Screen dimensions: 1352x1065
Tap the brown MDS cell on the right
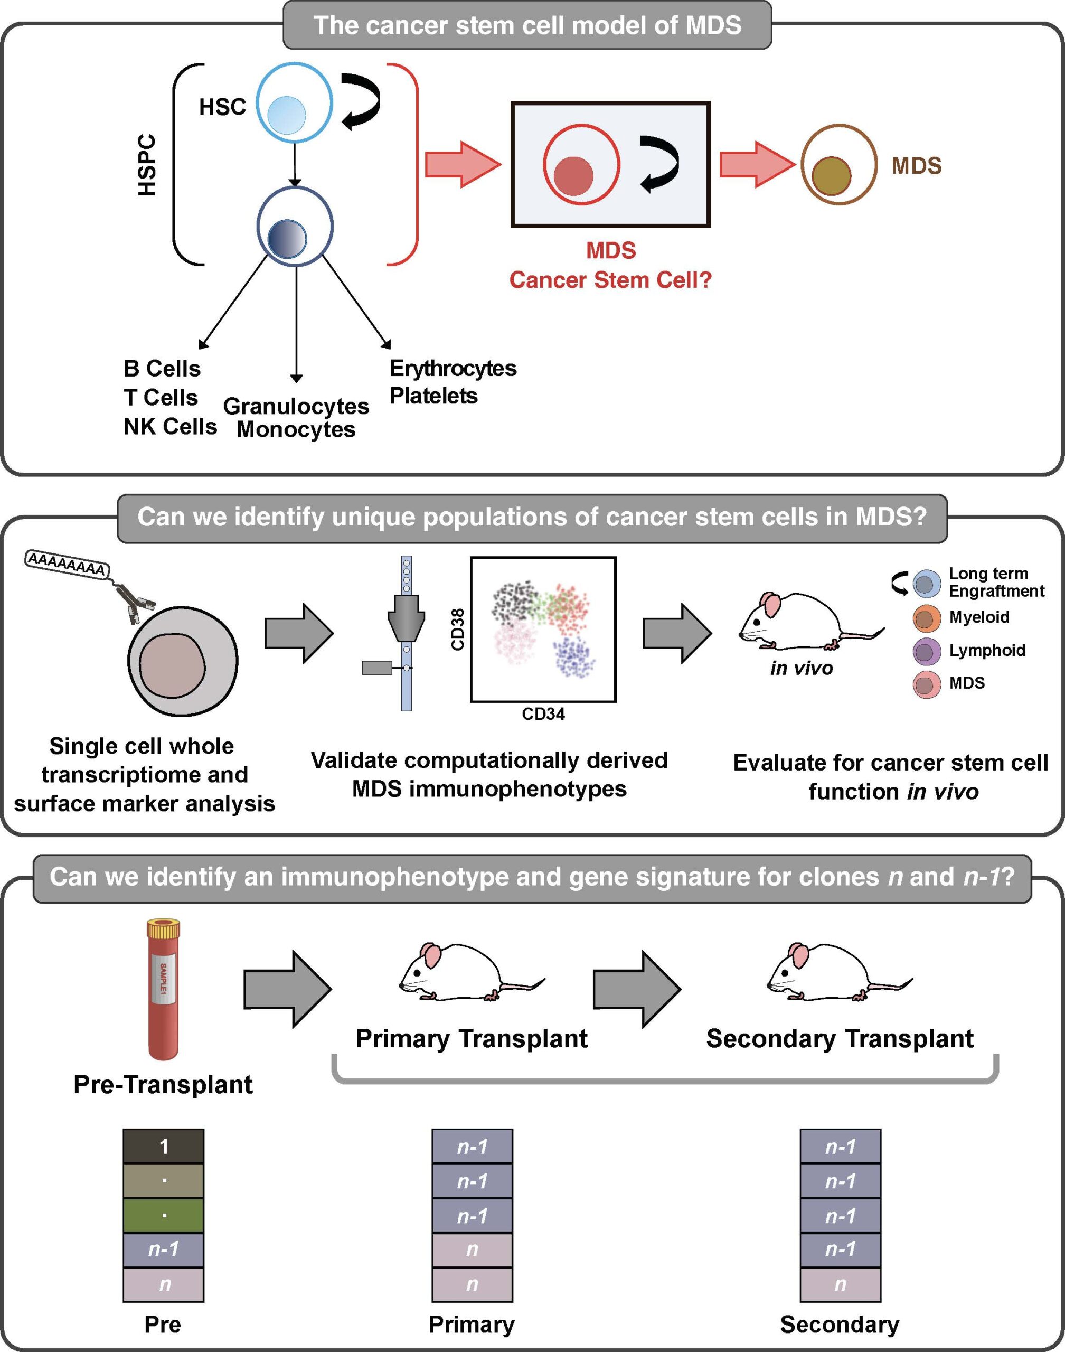coord(838,165)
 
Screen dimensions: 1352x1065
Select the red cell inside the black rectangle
coord(581,165)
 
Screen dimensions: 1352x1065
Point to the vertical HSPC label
coord(147,165)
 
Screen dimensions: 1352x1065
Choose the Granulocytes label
coord(296,406)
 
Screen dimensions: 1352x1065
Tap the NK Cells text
coord(169,427)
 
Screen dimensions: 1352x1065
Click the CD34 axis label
coord(543,714)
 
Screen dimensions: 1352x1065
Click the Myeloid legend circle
coord(927,618)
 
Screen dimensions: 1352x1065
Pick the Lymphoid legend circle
coord(927,652)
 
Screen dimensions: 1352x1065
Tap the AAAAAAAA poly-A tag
coord(67,562)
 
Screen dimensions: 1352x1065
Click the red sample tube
coord(163,991)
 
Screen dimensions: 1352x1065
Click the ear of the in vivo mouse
coord(773,604)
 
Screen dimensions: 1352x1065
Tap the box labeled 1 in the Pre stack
coord(163,1146)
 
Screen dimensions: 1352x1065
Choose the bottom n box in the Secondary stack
coord(840,1284)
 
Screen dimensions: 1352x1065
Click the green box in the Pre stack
coord(163,1215)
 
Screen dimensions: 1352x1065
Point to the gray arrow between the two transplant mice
coord(636,989)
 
